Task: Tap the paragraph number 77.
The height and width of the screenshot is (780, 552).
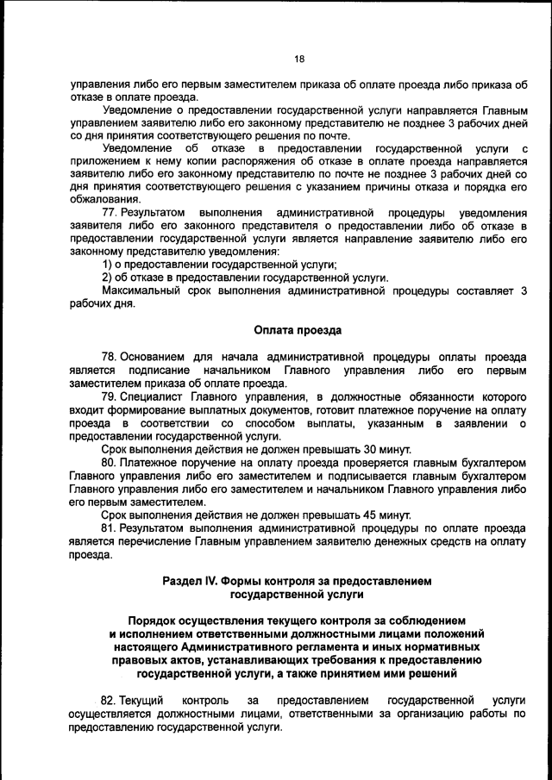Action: pos(110,212)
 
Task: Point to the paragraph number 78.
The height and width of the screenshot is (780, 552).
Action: pos(109,357)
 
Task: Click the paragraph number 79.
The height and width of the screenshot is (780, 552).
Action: pos(109,396)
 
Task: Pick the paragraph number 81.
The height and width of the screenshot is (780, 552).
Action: pos(109,527)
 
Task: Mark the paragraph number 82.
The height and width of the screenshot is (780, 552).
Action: pos(109,702)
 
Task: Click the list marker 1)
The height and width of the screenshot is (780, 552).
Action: pos(108,264)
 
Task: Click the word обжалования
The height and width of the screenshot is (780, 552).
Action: pos(105,199)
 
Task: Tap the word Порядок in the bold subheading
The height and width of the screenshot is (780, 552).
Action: pos(154,621)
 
